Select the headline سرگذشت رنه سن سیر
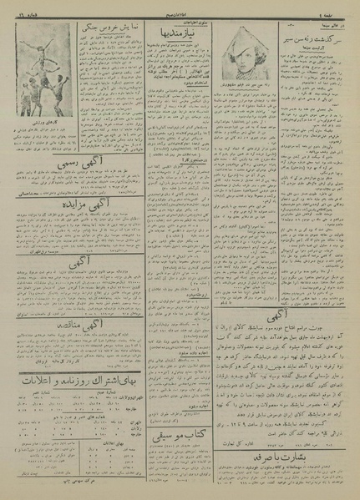[x=315, y=39]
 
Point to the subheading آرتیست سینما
[x=315, y=51]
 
